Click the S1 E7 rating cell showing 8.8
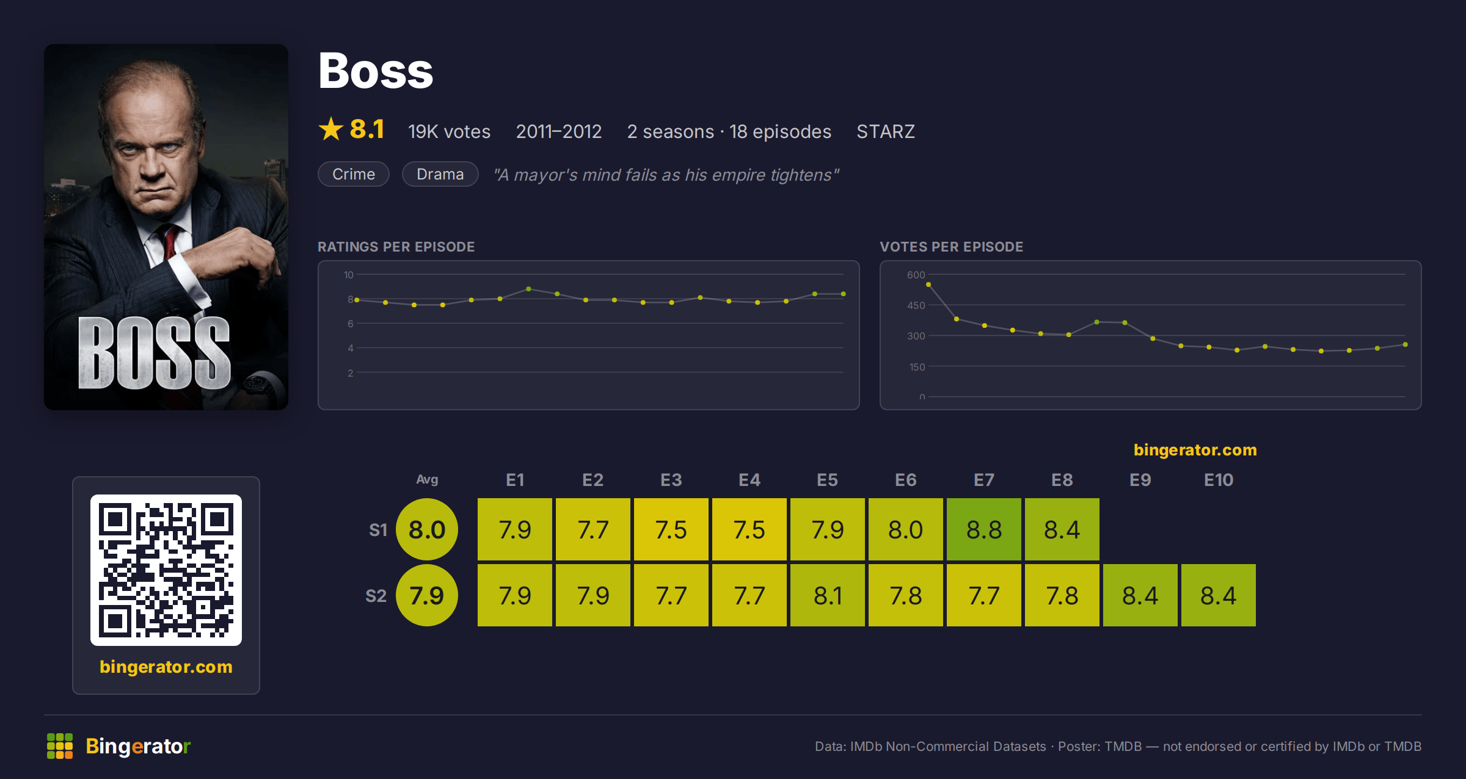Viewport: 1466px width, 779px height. (983, 529)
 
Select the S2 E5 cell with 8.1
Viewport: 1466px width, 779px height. (827, 595)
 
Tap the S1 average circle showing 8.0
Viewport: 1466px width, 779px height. (427, 529)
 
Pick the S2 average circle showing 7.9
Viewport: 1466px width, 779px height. (427, 595)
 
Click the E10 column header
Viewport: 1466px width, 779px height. (1219, 480)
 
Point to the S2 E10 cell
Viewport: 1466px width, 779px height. (1219, 595)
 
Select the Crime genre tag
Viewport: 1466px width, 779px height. (354, 174)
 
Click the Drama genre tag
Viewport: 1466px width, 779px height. (440, 174)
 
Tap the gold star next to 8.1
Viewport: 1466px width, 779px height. (331, 129)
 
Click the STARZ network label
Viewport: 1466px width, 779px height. (886, 131)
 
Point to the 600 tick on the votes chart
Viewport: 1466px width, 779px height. (916, 275)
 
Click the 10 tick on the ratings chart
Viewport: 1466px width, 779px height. (349, 275)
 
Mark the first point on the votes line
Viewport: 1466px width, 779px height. (928, 284)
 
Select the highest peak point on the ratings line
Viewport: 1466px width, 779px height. (528, 289)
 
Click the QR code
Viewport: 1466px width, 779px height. (166, 570)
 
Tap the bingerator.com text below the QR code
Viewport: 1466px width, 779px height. (166, 667)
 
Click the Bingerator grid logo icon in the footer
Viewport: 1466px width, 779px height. (60, 746)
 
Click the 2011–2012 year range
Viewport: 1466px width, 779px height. (559, 131)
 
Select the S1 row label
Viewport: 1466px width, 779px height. (378, 530)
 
